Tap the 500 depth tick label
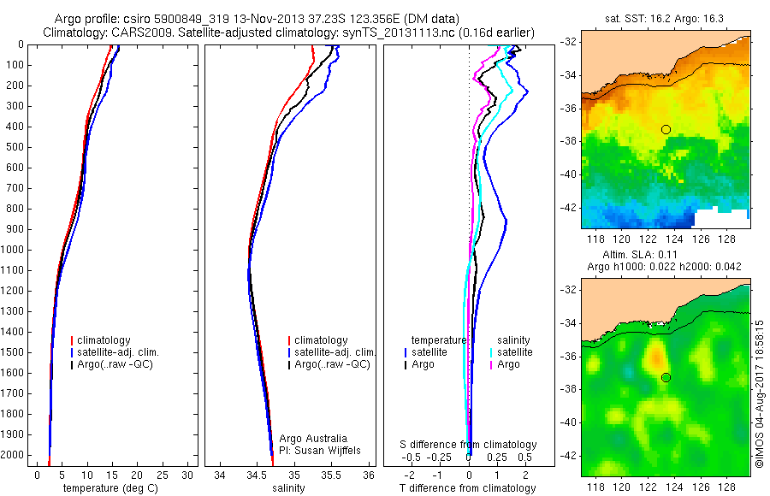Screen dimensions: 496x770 pyautogui.click(x=14, y=147)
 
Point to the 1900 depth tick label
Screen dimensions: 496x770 pyautogui.click(x=14, y=434)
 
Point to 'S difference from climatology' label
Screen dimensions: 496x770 pyautogui.click(x=469, y=446)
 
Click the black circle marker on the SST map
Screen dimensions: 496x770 pyautogui.click(x=666, y=129)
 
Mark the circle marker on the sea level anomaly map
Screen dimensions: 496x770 pyautogui.click(x=666, y=377)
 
